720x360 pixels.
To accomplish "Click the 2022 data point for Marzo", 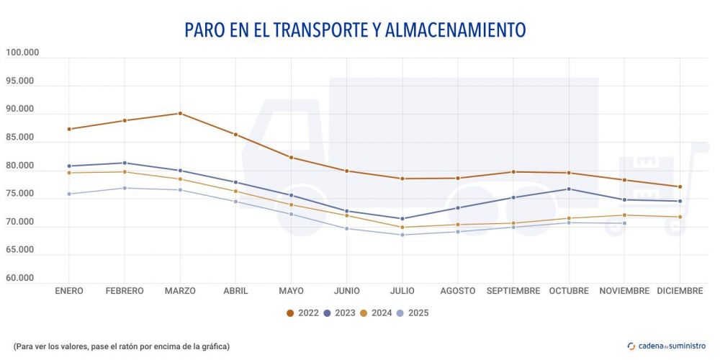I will [x=180, y=113].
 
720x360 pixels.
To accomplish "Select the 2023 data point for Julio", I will [x=402, y=219].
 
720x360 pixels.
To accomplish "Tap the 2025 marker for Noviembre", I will [x=624, y=223].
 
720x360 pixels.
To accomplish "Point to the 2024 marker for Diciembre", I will [x=680, y=217].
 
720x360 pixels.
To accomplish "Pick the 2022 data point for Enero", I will [x=69, y=129].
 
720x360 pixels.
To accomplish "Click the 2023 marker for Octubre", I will [x=569, y=189].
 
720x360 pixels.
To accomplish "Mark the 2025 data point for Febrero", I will [x=125, y=188].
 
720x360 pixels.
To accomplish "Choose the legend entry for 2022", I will [x=303, y=312].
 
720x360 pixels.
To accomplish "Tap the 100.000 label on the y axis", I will [x=22, y=53].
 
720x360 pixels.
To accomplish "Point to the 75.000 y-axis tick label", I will [x=22, y=194].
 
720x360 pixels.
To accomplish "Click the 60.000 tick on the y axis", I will [x=22, y=278].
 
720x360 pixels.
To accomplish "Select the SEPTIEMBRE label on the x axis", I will [x=513, y=291].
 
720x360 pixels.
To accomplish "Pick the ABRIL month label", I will [x=235, y=291].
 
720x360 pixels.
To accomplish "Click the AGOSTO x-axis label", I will [x=458, y=291].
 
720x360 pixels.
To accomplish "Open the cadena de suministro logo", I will [x=667, y=346].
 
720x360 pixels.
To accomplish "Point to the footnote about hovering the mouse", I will [x=121, y=346].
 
